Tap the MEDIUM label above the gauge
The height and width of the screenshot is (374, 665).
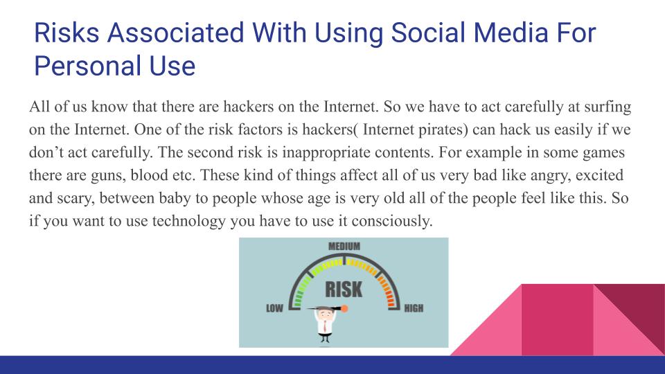[x=344, y=247]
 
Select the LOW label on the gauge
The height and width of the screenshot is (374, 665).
[x=274, y=308]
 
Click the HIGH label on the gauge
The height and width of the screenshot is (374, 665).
[x=414, y=308]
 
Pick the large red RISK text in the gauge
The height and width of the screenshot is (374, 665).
[x=344, y=288]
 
